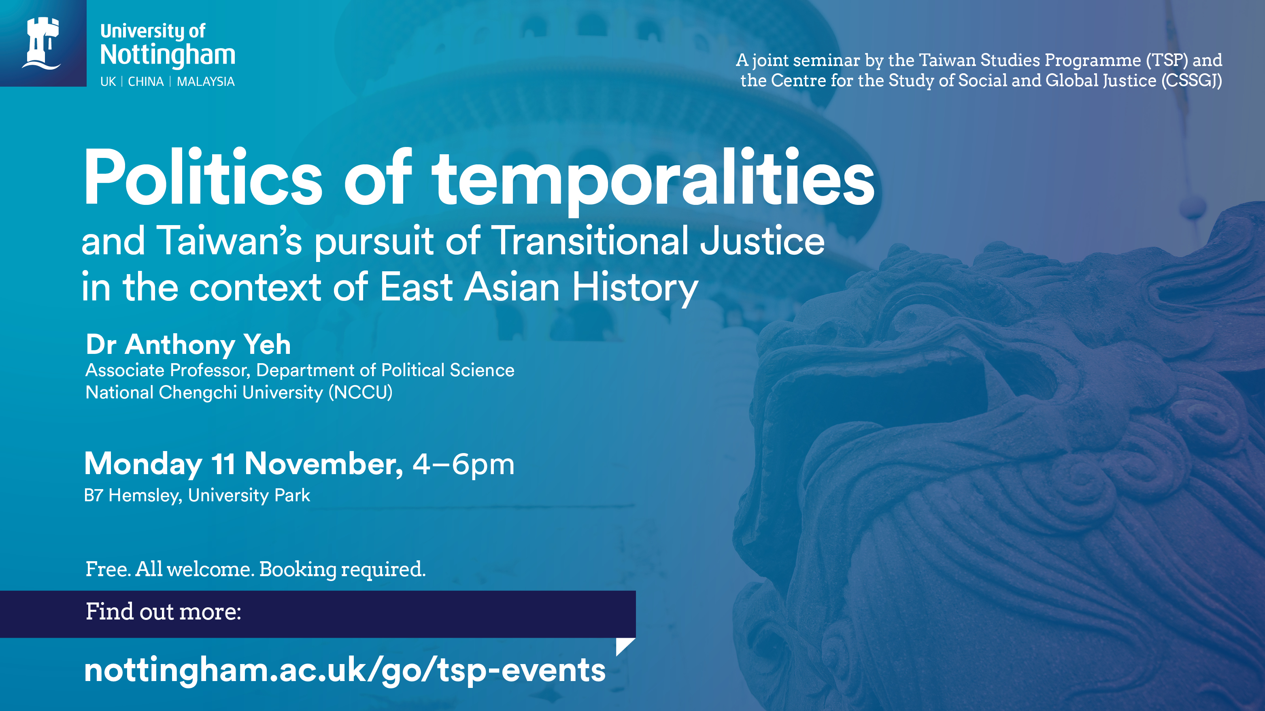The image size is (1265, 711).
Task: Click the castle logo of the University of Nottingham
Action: [42, 43]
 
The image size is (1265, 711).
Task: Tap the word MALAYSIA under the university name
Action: [206, 81]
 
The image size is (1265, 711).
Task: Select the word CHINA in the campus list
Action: [146, 81]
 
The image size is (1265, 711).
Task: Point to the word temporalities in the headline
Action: [653, 181]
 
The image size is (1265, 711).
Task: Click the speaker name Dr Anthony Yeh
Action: [189, 345]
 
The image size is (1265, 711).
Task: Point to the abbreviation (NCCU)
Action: [360, 392]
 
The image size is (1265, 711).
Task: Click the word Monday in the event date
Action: [143, 464]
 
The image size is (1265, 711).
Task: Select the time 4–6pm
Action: [463, 464]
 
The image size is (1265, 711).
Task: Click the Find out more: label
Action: [164, 612]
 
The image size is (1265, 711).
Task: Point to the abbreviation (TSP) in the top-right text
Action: [1167, 60]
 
